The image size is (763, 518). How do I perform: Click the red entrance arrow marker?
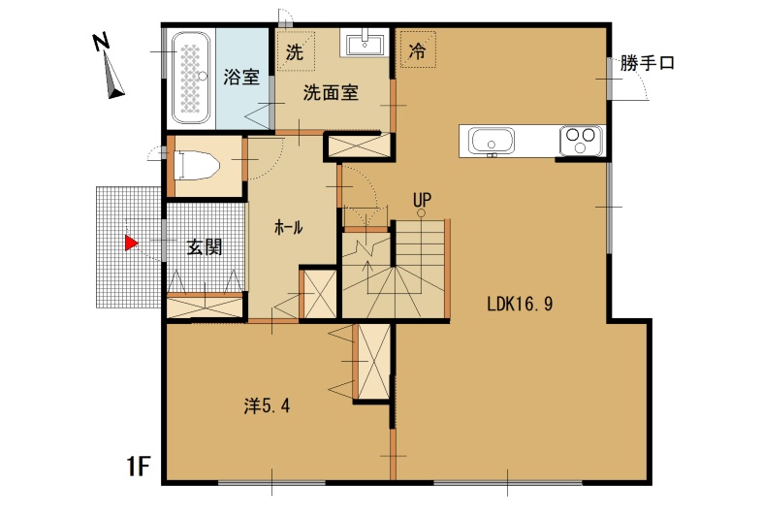131,243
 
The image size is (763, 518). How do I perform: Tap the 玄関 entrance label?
205,247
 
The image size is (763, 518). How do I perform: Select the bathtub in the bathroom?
191,78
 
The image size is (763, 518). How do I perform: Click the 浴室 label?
241,78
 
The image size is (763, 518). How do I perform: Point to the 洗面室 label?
331,92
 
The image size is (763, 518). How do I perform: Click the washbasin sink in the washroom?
364,42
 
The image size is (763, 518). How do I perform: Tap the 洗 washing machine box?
295,51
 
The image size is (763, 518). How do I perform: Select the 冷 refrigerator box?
418,49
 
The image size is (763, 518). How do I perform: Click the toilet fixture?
196,165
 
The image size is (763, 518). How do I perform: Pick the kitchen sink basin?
491,141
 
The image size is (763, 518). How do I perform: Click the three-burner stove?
581,141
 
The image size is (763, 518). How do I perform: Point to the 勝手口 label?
647,63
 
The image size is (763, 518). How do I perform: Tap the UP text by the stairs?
422,200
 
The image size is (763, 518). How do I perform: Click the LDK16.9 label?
521,305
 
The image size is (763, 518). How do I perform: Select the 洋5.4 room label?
268,405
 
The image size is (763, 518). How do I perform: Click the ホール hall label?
289,227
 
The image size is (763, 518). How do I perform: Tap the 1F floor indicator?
139,467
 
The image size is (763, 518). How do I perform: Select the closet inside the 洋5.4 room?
373,361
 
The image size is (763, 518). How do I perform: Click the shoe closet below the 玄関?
205,307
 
